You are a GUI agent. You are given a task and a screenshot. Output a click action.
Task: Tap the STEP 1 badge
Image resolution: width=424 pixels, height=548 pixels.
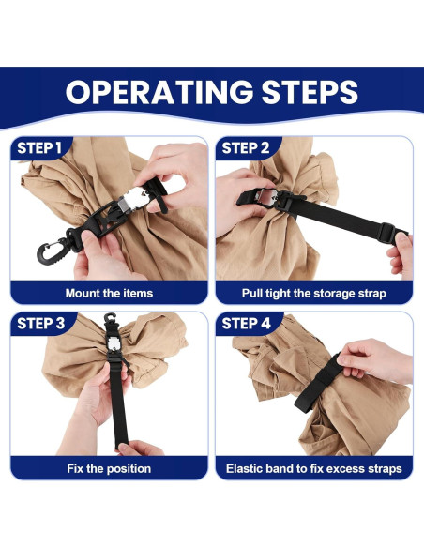pyautogui.click(x=40, y=148)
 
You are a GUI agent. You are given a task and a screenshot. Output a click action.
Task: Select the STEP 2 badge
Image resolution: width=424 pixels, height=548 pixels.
pyautogui.click(x=246, y=148)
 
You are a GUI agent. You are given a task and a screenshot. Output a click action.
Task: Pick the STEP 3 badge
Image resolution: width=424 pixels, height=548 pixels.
pyautogui.click(x=41, y=325)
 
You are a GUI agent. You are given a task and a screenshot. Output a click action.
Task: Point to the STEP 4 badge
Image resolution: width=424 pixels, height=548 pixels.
pyautogui.click(x=247, y=325)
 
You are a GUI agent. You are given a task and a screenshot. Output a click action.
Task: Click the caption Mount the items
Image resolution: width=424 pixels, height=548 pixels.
pyautogui.click(x=110, y=293)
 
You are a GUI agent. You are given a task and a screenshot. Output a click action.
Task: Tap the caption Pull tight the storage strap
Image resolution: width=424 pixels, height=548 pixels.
pyautogui.click(x=313, y=293)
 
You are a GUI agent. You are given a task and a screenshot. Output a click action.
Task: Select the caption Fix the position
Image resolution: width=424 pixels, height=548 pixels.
pyautogui.click(x=110, y=468)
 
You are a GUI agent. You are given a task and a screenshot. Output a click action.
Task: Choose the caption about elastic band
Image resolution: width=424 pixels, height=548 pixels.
pyautogui.click(x=313, y=468)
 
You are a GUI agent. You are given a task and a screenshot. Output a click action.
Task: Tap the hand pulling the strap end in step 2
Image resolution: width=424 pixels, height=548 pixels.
pyautogui.click(x=401, y=251)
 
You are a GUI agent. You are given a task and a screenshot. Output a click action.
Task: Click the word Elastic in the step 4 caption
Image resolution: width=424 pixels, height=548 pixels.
pyautogui.click(x=247, y=468)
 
